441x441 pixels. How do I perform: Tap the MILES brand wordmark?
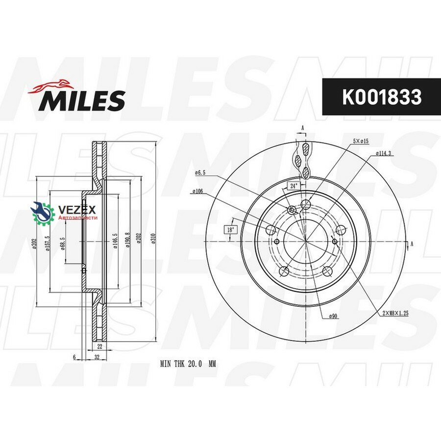click(x=82, y=100)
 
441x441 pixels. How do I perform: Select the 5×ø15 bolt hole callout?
click(x=361, y=141)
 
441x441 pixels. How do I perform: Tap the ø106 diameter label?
click(x=198, y=191)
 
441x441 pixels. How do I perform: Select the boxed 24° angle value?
click(x=293, y=186)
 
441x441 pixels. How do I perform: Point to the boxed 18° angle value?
click(x=230, y=229)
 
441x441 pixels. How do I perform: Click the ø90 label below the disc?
click(x=334, y=316)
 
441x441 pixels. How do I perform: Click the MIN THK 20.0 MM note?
click(x=188, y=365)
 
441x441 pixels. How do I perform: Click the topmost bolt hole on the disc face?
click(x=305, y=204)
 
